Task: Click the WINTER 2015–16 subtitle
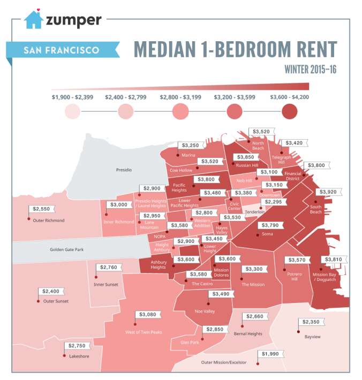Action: (310, 70)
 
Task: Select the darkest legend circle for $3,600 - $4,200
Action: (289, 112)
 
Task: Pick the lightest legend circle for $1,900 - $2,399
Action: (72, 112)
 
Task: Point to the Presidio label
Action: (124, 170)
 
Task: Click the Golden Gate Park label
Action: (67, 249)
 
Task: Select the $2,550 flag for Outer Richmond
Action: (43, 208)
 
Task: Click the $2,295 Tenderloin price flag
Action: (276, 202)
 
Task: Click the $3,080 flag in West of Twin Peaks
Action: (148, 314)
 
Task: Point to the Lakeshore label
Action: (79, 356)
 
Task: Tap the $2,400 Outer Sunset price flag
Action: (50, 291)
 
